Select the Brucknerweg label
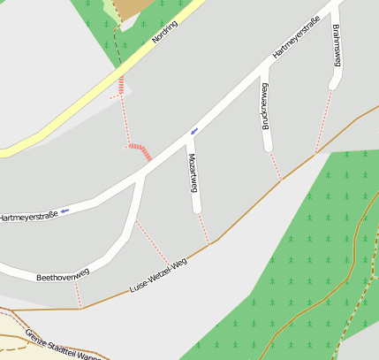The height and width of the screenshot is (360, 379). click(x=264, y=106)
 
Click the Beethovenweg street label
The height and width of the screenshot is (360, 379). click(x=63, y=277)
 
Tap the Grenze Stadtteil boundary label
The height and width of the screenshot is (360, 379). click(x=63, y=344)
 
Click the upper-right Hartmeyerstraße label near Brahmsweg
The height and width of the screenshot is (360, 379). click(x=296, y=41)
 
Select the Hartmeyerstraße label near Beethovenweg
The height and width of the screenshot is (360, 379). click(x=27, y=216)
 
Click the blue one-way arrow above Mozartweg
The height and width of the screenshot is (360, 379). click(x=193, y=132)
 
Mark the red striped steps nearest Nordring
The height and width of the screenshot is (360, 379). click(x=121, y=87)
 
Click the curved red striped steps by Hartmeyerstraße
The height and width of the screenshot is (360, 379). click(x=140, y=149)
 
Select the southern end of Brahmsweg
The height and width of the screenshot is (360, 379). click(x=333, y=85)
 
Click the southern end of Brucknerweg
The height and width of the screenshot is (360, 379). click(x=268, y=147)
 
